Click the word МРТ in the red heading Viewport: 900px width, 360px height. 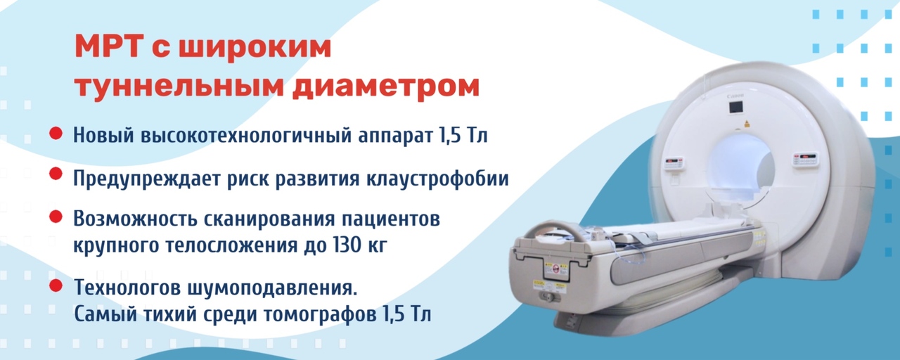tap(109, 47)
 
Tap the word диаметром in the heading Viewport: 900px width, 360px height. tap(386, 86)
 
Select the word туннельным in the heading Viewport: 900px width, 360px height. tap(179, 86)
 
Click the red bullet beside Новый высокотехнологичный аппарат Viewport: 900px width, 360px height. tap(56, 134)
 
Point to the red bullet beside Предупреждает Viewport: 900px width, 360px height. tap(56, 174)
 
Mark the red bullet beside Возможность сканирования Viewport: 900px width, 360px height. tap(56, 217)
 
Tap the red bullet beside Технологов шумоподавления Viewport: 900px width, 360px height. tap(56, 285)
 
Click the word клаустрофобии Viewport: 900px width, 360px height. tap(437, 179)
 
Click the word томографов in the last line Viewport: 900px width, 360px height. tap(319, 314)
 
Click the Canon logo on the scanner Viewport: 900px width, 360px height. tap(735, 96)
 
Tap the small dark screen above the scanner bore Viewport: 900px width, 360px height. tap(735, 108)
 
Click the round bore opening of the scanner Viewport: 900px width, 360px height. tap(740, 169)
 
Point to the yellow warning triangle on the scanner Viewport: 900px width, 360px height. tap(747, 124)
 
